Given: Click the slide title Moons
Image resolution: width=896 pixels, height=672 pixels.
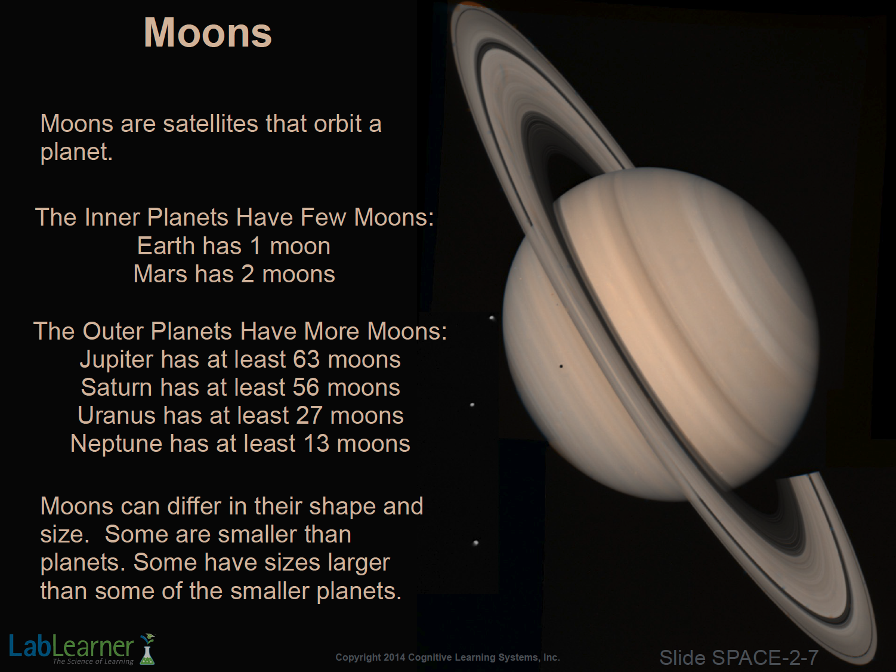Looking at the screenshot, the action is point(208,33).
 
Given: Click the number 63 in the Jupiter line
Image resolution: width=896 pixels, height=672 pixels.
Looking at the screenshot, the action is point(306,359).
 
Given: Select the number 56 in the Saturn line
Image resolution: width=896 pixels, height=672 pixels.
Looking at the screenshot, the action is point(306,387).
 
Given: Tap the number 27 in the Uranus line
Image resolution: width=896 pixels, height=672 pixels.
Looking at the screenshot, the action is point(309,415).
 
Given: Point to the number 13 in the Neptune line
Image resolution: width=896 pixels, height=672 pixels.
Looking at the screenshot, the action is point(316,443).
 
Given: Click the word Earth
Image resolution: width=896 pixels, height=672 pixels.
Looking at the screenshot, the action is point(166,246).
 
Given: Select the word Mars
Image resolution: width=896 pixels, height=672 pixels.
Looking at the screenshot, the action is point(160,273).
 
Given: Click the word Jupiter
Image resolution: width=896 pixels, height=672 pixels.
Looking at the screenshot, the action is point(116,360).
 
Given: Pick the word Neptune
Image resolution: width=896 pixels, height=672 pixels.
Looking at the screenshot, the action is point(116,444).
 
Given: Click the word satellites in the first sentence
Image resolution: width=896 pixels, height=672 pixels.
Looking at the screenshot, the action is point(211,124).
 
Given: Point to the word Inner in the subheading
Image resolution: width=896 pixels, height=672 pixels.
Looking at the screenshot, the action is point(112,217).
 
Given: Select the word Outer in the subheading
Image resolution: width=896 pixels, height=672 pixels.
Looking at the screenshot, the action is point(113,331).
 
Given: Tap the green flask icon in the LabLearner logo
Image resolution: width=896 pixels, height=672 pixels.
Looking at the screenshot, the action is point(148,649).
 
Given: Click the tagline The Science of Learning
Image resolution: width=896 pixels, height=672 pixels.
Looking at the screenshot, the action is point(93,661).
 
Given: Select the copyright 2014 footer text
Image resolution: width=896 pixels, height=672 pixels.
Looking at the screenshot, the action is point(447,657).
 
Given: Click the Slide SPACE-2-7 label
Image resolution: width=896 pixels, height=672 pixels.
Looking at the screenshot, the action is point(739,657).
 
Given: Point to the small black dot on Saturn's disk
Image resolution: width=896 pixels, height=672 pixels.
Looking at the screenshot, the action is point(561,366).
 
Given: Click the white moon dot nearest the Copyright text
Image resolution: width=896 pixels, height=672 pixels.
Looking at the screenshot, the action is point(475,543).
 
